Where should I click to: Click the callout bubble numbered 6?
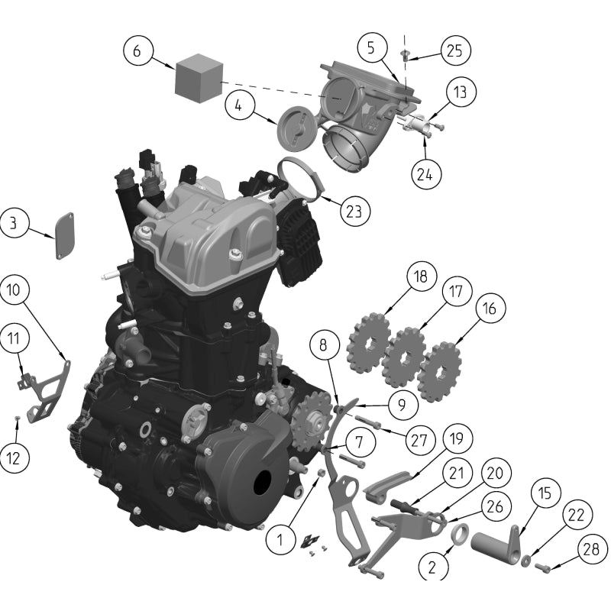[137, 51]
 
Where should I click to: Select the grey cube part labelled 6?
[198, 77]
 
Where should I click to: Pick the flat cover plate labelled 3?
[64, 235]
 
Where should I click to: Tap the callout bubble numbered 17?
[455, 292]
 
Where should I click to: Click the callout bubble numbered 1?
[280, 541]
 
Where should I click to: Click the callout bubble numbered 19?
[455, 439]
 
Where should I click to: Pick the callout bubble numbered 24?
[425, 173]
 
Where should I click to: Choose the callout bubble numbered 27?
[419, 440]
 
